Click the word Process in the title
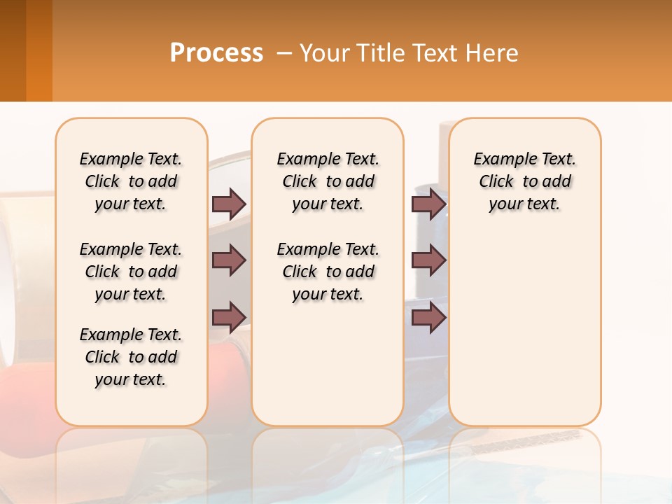(x=216, y=52)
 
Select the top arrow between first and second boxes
(x=229, y=204)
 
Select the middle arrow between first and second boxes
(x=229, y=260)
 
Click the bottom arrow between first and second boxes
(x=229, y=317)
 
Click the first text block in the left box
(x=131, y=181)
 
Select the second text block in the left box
(x=131, y=272)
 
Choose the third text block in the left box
(x=131, y=357)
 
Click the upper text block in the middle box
(x=328, y=181)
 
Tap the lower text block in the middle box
(x=328, y=272)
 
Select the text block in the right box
(x=524, y=181)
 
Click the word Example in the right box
(x=499, y=160)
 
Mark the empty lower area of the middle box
(x=328, y=364)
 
